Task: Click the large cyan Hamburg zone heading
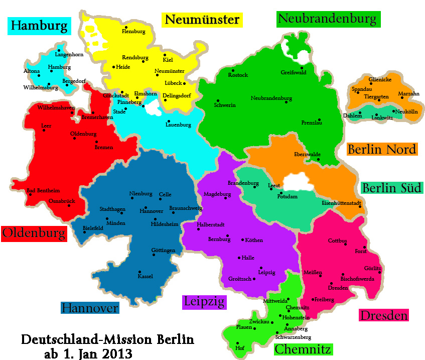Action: pos(40,26)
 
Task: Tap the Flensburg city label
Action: pos(133,32)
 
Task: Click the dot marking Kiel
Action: pos(165,55)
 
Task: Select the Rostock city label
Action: pos(238,75)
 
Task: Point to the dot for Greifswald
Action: pos(302,68)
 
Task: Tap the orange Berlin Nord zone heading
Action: pos(382,149)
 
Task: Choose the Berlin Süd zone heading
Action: pos(391,188)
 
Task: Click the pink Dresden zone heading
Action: pos(384,316)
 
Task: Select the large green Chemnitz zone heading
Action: pos(304,348)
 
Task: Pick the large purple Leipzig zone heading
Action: pos(204,302)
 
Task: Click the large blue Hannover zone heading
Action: pos(90,308)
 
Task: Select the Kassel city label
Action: pos(145,277)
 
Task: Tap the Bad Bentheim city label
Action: pos(43,191)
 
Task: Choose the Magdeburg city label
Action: pos(217,194)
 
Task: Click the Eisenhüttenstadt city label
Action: pos(341,203)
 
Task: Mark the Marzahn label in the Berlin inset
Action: pos(408,94)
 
